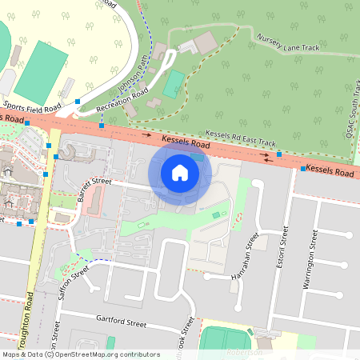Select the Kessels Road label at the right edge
pos(330,171)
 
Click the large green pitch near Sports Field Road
pos(42,67)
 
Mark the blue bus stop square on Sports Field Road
pos(78,102)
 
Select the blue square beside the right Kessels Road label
pos(302,169)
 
